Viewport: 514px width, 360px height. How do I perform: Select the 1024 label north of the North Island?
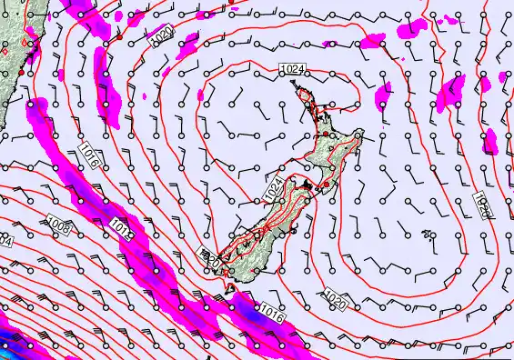point(292,69)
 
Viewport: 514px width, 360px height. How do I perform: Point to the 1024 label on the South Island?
point(273,190)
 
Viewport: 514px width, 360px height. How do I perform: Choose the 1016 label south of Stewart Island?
point(272,311)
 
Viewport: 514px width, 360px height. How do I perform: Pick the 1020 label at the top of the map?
point(161,35)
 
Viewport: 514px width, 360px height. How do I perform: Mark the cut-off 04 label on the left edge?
point(5,242)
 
